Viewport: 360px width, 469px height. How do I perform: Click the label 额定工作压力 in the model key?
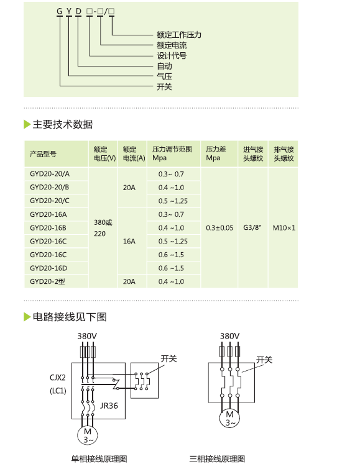tap(179, 35)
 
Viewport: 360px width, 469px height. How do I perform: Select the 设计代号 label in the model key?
tap(172, 56)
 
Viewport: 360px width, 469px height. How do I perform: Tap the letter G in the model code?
tap(60, 11)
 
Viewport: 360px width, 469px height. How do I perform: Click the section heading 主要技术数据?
tap(63, 124)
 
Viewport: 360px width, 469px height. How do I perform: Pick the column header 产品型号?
tap(43, 154)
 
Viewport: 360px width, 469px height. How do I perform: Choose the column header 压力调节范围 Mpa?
tap(172, 153)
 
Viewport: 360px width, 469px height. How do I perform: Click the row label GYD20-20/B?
tap(49, 187)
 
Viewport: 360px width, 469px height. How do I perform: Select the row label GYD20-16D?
tap(48, 268)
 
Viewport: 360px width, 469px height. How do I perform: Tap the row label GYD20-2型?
tap(47, 281)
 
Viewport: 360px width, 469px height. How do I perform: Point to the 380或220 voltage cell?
tap(103, 228)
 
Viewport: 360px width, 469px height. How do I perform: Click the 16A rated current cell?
tap(129, 242)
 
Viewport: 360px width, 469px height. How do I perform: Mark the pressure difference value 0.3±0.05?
tap(219, 228)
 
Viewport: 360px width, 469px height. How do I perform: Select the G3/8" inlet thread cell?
tap(252, 227)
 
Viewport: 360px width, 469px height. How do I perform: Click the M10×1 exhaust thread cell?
tap(284, 228)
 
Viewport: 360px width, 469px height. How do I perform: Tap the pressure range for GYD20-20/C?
tap(173, 201)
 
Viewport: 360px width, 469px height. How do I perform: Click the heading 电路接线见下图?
tap(70, 317)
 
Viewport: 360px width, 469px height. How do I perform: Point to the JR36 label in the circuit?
tap(109, 406)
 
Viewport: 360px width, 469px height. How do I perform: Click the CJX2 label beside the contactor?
tap(57, 378)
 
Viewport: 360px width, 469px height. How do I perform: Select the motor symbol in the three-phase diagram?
tap(229, 418)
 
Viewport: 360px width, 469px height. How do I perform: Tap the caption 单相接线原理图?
tap(99, 459)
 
